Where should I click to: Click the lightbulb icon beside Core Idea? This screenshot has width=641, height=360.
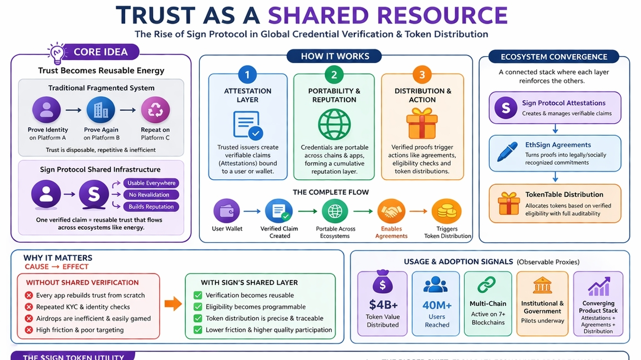[x=56, y=52]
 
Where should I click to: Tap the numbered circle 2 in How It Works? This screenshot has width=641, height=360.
[x=334, y=75]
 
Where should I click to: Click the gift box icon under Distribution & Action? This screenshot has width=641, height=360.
[x=422, y=123]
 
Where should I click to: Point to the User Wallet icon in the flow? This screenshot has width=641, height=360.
[x=226, y=211]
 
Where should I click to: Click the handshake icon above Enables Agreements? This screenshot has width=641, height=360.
[x=391, y=211]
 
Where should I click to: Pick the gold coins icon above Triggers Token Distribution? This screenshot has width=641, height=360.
[x=446, y=211]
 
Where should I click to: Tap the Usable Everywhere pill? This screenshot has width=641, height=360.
[x=151, y=183]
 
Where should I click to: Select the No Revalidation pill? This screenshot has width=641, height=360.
[x=149, y=195]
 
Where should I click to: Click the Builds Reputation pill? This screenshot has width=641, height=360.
[x=151, y=207]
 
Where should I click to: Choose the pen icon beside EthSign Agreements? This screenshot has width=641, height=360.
[x=507, y=151]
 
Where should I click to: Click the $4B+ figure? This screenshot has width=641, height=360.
[x=383, y=304]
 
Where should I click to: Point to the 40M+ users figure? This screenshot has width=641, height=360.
[x=437, y=305]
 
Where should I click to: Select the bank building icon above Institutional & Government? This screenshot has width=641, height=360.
[x=542, y=286]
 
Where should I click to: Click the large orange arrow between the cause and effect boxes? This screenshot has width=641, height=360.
[x=172, y=303]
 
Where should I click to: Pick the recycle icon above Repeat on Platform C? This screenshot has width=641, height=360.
[x=155, y=110]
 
